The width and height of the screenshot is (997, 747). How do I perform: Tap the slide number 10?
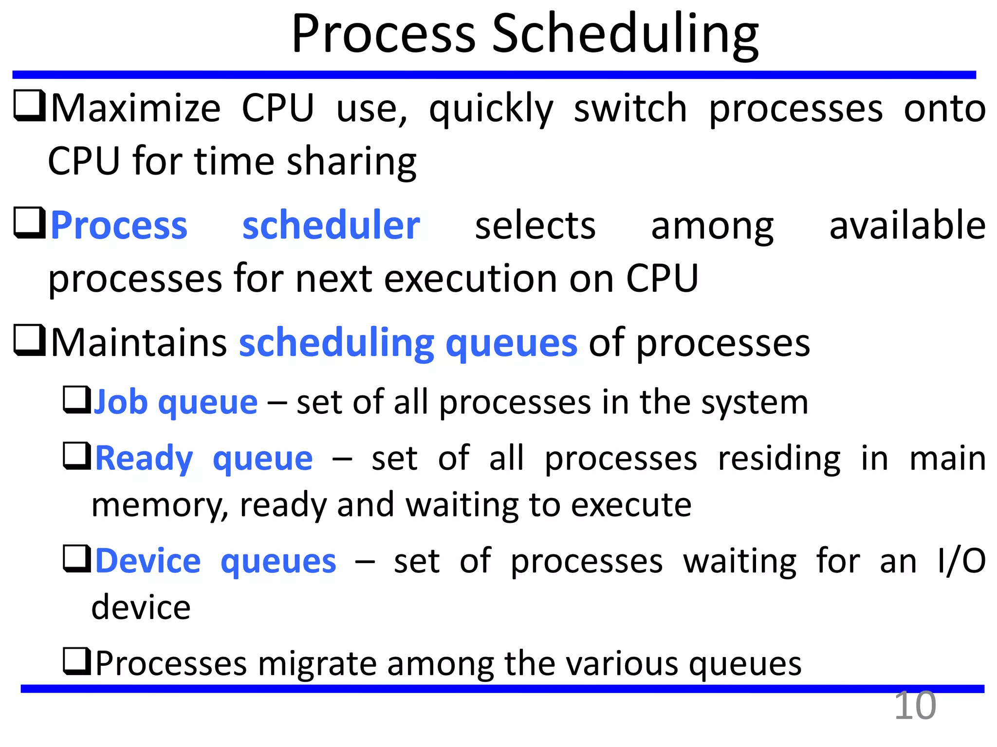915,706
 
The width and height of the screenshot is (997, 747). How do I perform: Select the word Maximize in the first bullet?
136,108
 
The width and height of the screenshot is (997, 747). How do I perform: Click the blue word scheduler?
331,226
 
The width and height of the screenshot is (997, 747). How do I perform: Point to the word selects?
535,226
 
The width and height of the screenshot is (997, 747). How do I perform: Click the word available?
907,226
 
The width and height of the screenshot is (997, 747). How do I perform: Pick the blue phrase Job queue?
175,403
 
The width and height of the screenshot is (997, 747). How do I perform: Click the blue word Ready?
144,459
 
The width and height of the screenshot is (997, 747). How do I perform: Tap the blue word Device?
148,561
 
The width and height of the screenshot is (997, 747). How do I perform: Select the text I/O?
962,561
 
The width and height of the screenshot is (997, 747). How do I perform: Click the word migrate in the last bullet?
317,664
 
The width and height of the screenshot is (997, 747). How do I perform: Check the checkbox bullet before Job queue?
77,400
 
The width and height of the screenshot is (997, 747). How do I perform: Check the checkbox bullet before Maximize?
29,106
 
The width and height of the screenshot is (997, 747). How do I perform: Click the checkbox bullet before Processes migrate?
77,661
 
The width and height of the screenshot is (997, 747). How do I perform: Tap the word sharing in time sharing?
351,161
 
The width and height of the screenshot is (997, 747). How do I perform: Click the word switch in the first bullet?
630,108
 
